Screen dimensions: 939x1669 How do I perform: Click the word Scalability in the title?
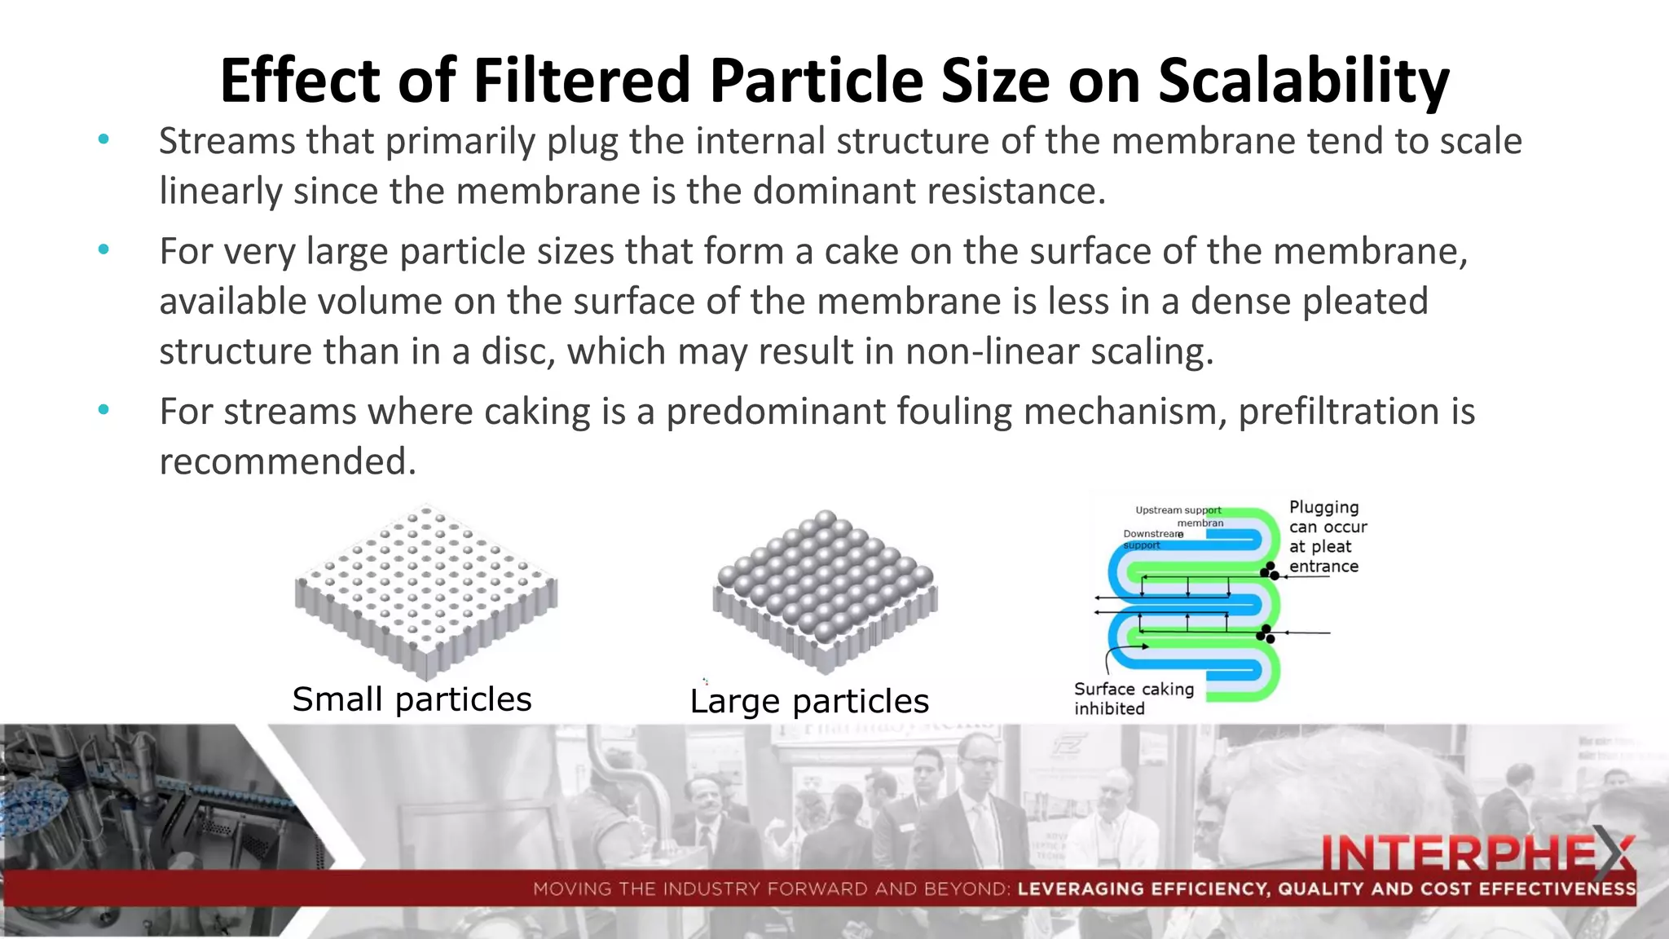[1303, 82]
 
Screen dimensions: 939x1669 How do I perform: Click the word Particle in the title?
[815, 82]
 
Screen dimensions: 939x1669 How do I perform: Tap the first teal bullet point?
[103, 140]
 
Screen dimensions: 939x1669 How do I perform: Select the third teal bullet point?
[103, 410]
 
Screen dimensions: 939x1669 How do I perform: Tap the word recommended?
[287, 461]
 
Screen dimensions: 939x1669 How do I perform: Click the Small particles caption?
[412, 699]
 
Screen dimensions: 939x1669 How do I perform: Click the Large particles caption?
[808, 701]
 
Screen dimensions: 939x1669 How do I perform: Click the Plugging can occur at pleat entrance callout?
[1327, 536]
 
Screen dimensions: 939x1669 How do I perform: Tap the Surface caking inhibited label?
[1133, 699]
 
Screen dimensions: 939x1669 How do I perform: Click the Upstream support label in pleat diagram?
[1178, 510]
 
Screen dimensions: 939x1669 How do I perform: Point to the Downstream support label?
[1151, 539]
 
